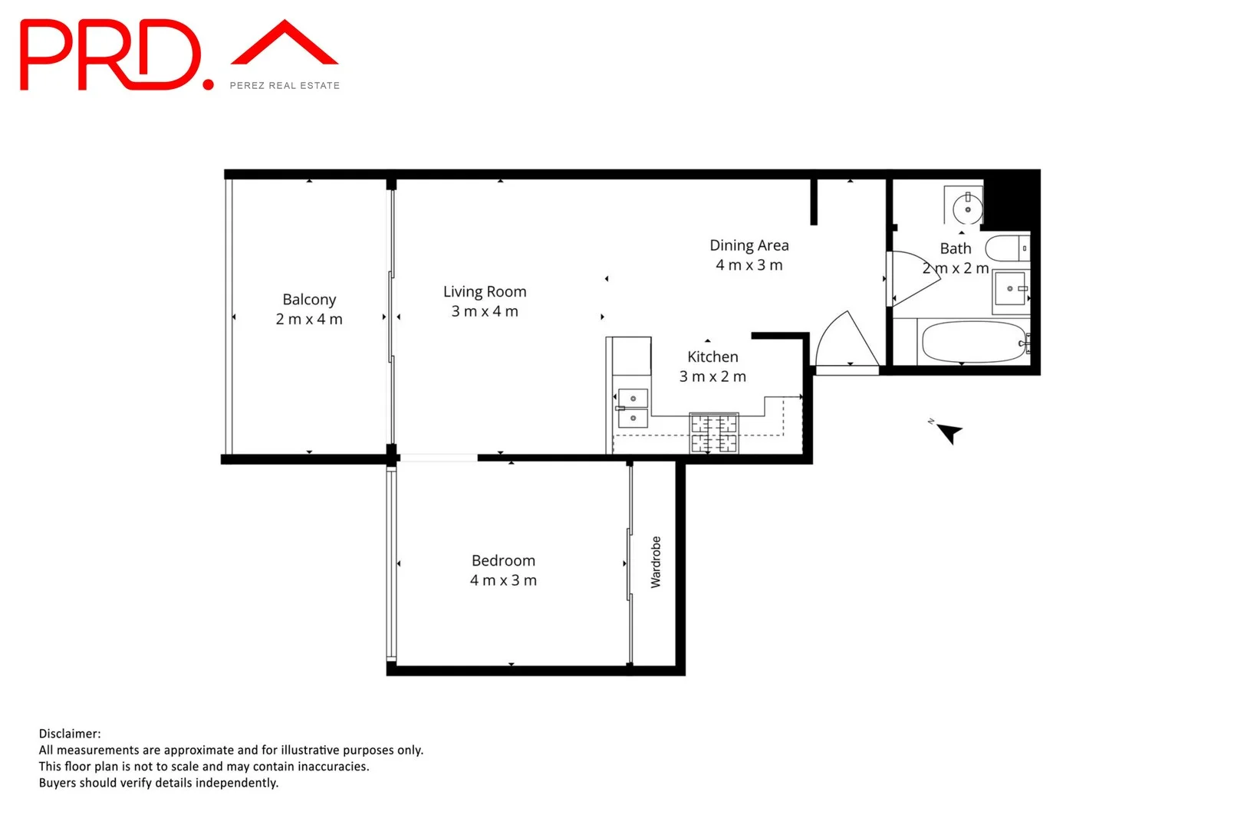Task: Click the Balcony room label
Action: coord(309,300)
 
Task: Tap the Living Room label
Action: coord(485,292)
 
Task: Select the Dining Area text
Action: coord(749,245)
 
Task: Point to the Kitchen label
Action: coord(713,357)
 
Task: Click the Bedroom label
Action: coord(503,561)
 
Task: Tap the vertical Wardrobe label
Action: coord(656,562)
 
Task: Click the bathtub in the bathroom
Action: coord(973,342)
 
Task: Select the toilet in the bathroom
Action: coord(1005,248)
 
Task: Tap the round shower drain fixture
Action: coord(967,209)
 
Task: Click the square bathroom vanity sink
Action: coord(1011,289)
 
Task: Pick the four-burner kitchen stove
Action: coord(714,433)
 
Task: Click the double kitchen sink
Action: coord(633,408)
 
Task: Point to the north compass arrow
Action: coord(949,433)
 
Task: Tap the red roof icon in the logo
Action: coord(285,44)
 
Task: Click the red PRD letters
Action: coord(111,56)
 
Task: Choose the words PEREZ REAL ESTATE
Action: coord(285,86)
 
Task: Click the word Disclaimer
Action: coord(70,734)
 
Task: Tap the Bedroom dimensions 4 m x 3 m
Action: coord(503,581)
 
